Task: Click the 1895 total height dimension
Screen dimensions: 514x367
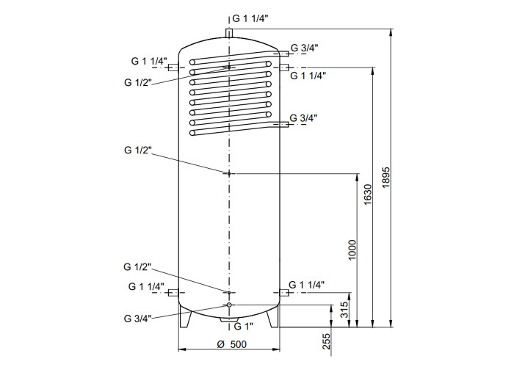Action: coord(386,178)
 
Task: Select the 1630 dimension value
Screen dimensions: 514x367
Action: coord(368,195)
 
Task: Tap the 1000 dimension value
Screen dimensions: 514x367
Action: coord(352,250)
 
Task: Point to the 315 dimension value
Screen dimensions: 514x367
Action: coord(344,310)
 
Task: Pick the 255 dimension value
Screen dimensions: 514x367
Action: coord(327,341)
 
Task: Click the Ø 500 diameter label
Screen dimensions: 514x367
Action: coord(232,344)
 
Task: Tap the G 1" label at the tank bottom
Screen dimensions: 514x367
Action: coord(244,326)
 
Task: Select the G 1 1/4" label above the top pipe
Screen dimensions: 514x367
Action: coord(250,18)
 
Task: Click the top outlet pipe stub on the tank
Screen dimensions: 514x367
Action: coord(229,33)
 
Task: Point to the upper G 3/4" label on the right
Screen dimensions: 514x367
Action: coord(305,48)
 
